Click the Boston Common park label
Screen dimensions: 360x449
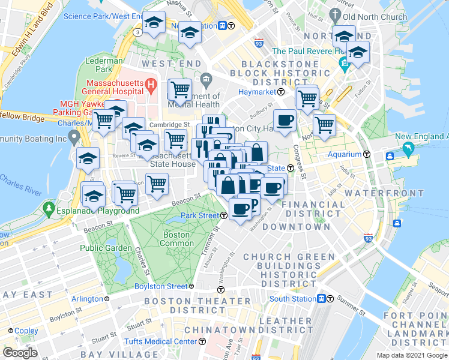point(176,239)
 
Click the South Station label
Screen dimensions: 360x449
point(292,299)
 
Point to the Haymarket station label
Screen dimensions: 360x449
point(255,92)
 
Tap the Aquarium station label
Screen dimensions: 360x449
point(345,154)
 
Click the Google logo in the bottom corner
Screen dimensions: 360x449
point(20,352)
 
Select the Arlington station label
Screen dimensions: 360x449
point(87,299)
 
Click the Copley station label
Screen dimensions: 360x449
point(26,331)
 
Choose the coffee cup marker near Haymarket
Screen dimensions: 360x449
point(285,121)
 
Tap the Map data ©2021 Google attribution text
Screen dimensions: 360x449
point(412,355)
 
